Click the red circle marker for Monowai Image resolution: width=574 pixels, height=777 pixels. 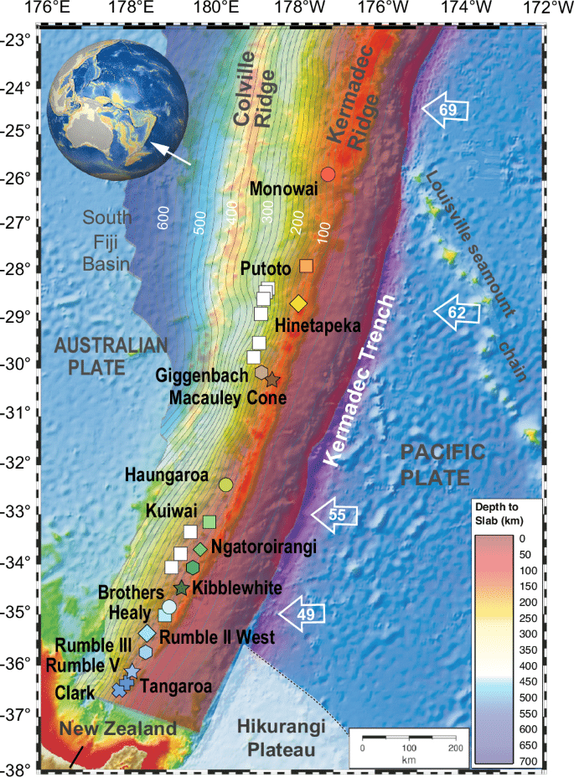coord(328,174)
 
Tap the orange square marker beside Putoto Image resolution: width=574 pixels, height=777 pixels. coord(307,266)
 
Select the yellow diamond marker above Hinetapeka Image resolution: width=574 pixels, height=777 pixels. coord(298,303)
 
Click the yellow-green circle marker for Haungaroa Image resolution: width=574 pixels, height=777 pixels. coord(225,484)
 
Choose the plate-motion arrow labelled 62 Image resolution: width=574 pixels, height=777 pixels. coord(457,313)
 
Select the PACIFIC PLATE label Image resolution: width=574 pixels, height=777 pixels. coord(442,465)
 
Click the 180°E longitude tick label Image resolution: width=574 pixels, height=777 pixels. coord(216,10)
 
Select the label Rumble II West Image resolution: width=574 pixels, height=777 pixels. coord(216,637)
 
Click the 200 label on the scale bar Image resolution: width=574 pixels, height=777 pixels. coord(454,746)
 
